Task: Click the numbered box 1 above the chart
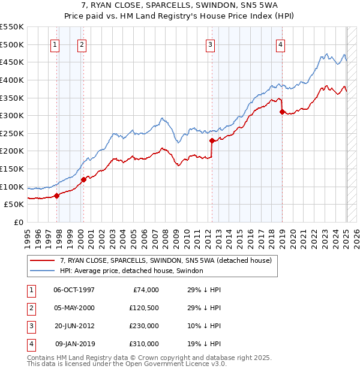click(x=55, y=44)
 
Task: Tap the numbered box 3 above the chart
click(x=211, y=44)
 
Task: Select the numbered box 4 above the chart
click(x=280, y=44)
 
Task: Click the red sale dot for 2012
click(x=212, y=140)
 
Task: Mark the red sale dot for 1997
click(x=56, y=196)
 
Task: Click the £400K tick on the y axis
click(x=12, y=80)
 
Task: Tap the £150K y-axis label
click(x=12, y=169)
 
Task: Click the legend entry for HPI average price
click(x=131, y=271)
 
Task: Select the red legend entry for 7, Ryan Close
click(x=166, y=260)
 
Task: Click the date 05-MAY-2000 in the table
click(x=74, y=308)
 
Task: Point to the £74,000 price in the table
click(x=146, y=290)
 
